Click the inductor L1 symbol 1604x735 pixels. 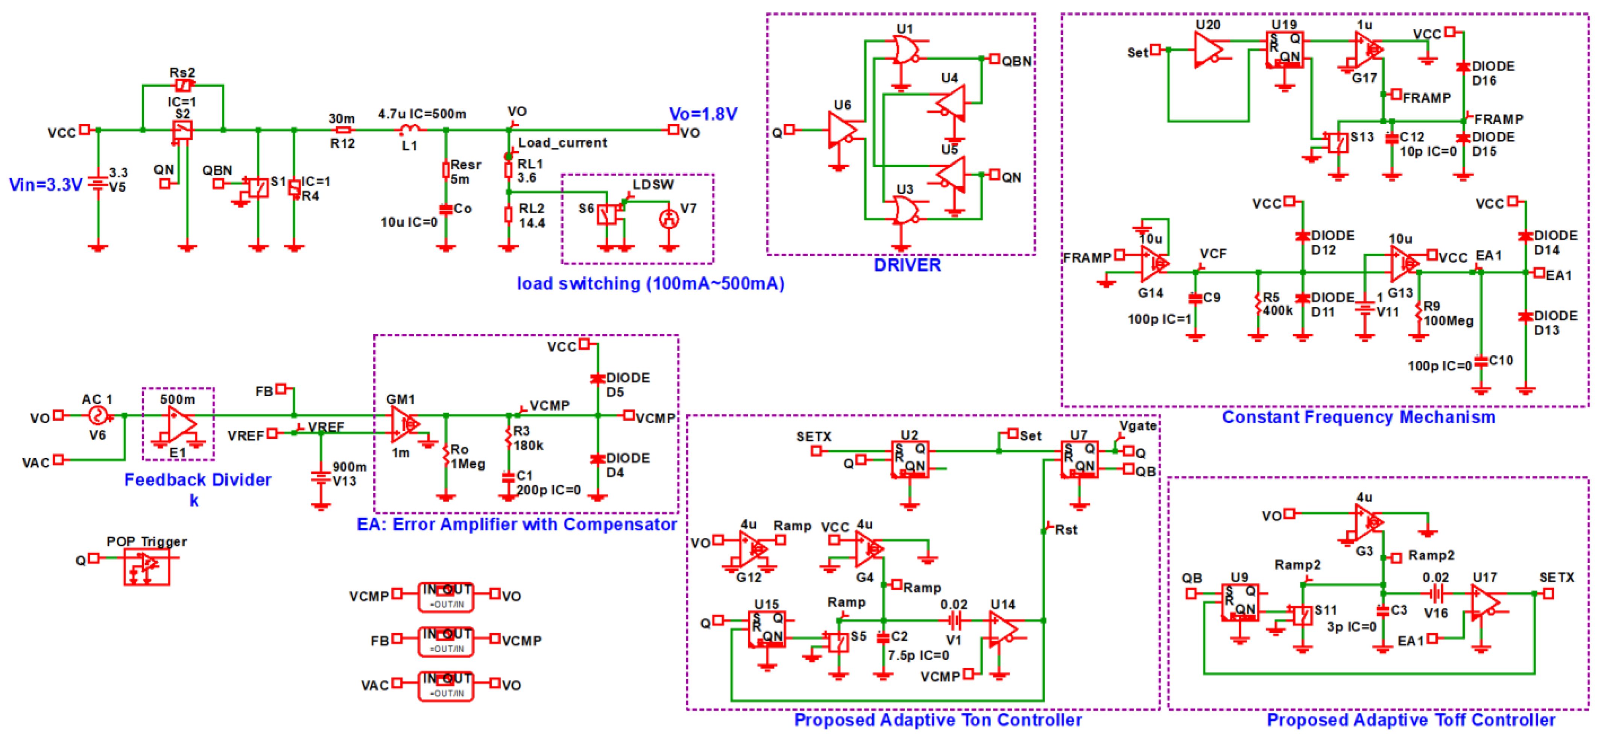(409, 129)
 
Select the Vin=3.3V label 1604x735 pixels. (45, 185)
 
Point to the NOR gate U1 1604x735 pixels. (905, 50)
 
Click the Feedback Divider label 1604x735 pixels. (197, 480)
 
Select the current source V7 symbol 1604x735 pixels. (669, 218)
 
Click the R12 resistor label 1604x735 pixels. (342, 144)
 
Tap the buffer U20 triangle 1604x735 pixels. (1208, 49)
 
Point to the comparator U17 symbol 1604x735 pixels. (1485, 602)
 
